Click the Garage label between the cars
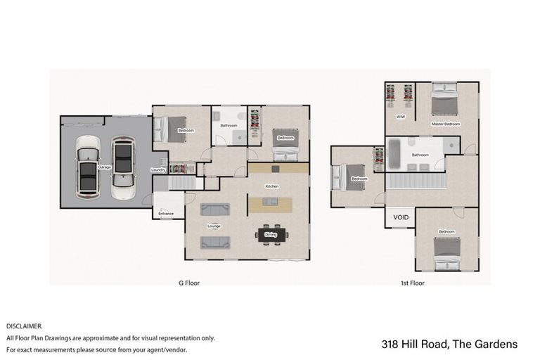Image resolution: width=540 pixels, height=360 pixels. pos(105,167)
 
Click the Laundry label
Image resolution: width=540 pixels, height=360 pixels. pos(158,170)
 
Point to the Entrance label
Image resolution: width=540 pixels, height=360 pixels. pos(166,213)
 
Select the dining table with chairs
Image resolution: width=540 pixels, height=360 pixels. pos(271,235)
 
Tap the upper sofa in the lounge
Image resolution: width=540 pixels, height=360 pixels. pos(214,209)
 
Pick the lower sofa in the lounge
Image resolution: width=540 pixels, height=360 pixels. pos(214,242)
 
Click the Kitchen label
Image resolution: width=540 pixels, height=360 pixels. pos(272,186)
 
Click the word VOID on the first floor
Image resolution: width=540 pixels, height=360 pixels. pos(401,217)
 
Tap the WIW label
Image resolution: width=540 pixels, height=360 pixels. pos(400,116)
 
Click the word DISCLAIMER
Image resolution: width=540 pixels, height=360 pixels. pos(25,326)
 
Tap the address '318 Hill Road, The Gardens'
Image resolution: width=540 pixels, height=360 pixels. pos(449,344)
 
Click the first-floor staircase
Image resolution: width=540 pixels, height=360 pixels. pos(414,181)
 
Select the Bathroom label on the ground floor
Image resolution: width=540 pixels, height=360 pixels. pos(228,125)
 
